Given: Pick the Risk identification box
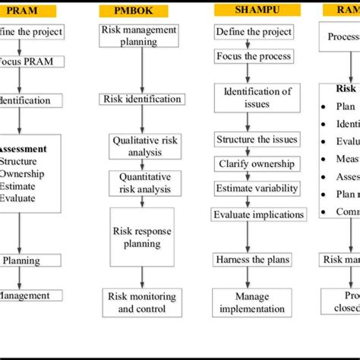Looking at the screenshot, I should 142,99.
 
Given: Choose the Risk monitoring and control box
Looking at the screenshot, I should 142,302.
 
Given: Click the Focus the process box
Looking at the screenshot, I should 253,58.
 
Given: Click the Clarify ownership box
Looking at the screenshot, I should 253,164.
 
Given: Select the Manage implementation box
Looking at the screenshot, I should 252,302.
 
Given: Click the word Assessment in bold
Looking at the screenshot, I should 22,149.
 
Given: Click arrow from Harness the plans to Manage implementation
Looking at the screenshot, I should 248,277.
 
